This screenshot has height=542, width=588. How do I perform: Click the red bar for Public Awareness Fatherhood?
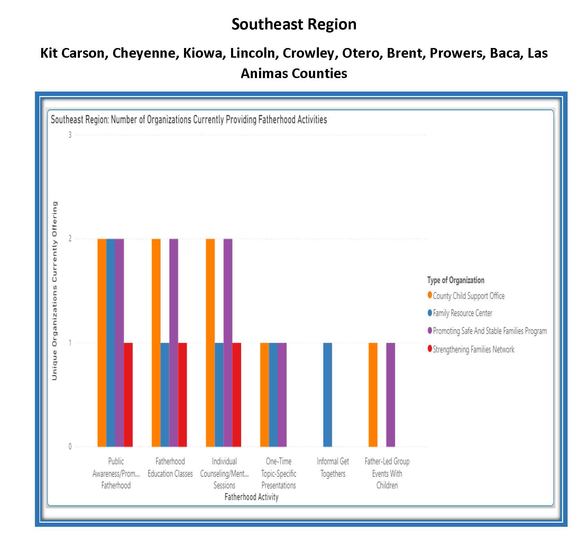128,394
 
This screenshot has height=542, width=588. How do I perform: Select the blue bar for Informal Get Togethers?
327,394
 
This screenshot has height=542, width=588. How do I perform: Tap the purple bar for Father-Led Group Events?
391,394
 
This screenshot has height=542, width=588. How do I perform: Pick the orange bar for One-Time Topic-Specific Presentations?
264,394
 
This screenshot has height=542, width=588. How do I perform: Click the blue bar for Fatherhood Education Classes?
165,394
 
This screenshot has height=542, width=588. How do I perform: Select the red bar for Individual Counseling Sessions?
237,394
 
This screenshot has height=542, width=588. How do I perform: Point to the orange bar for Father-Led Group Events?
373,394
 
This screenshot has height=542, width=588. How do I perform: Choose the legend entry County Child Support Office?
468,296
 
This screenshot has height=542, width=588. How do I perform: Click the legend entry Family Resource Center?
462,313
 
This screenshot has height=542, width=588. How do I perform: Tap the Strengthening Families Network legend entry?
473,349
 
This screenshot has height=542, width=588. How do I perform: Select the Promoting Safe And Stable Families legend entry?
489,331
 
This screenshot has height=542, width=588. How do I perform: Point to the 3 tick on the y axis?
70,135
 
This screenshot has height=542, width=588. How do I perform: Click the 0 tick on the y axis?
70,446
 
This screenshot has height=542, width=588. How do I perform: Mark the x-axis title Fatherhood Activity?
251,497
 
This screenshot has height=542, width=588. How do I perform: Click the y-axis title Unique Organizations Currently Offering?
55,291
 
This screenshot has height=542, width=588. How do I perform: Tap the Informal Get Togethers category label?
333,467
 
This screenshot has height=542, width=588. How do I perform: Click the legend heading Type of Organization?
456,280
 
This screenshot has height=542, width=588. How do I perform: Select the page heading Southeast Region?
294,24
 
